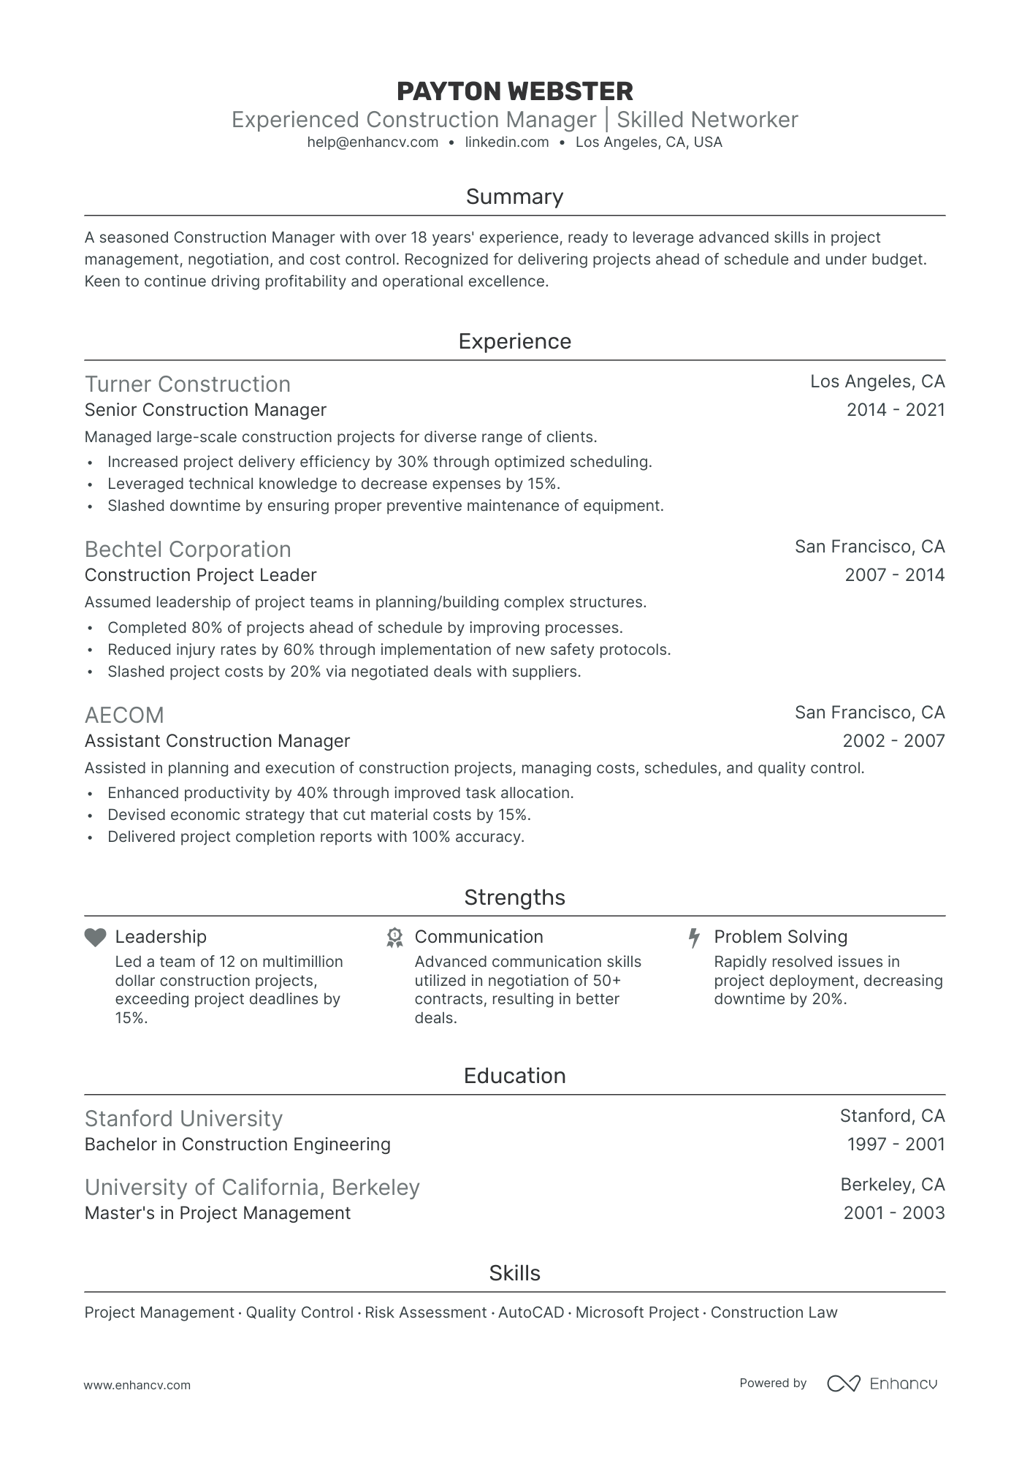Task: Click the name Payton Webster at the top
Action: tap(514, 91)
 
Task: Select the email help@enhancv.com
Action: tap(373, 143)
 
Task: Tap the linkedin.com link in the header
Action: tap(507, 143)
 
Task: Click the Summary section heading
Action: tap(514, 197)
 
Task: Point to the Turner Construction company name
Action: tap(188, 384)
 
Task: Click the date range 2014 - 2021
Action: tap(896, 410)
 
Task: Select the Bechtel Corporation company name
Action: tap(188, 550)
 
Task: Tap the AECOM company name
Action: tap(124, 715)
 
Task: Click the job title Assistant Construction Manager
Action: tap(218, 741)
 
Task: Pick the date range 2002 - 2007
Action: tap(893, 741)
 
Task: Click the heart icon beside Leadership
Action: tap(96, 938)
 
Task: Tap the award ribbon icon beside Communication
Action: tap(394, 938)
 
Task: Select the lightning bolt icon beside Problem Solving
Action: tap(695, 938)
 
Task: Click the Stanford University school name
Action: tap(183, 1119)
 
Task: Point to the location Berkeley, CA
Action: tap(893, 1185)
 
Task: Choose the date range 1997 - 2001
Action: tap(896, 1144)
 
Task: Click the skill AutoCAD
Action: tap(531, 1313)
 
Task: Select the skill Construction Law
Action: tap(774, 1313)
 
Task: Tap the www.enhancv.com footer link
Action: tap(137, 1385)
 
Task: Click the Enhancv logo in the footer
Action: tap(882, 1383)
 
